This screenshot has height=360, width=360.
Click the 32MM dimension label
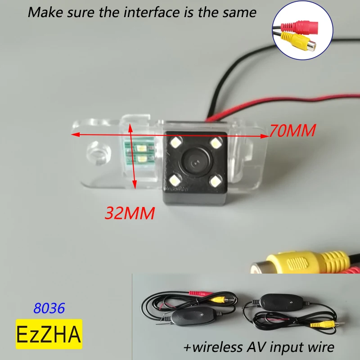click(x=130, y=212)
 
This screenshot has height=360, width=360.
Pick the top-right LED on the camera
click(x=217, y=144)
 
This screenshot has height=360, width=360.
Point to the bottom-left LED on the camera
click(x=175, y=181)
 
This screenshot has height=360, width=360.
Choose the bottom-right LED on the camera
click(x=217, y=181)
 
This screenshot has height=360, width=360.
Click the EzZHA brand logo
click(x=49, y=334)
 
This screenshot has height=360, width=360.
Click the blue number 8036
click(x=49, y=308)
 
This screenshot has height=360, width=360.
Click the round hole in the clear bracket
click(x=98, y=152)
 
